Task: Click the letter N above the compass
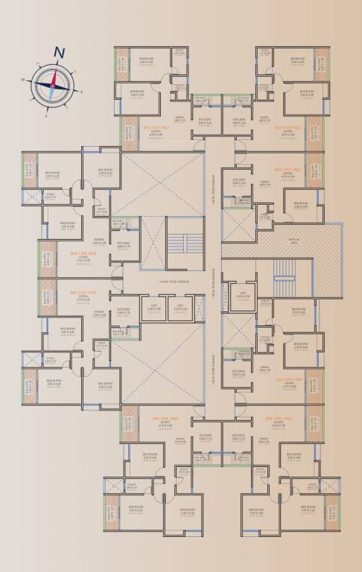(x=58, y=52)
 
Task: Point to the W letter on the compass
(x=24, y=80)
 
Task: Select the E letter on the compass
(x=81, y=92)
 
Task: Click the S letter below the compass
(x=46, y=116)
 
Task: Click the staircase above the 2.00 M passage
(x=184, y=242)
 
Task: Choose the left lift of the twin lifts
(x=153, y=308)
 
